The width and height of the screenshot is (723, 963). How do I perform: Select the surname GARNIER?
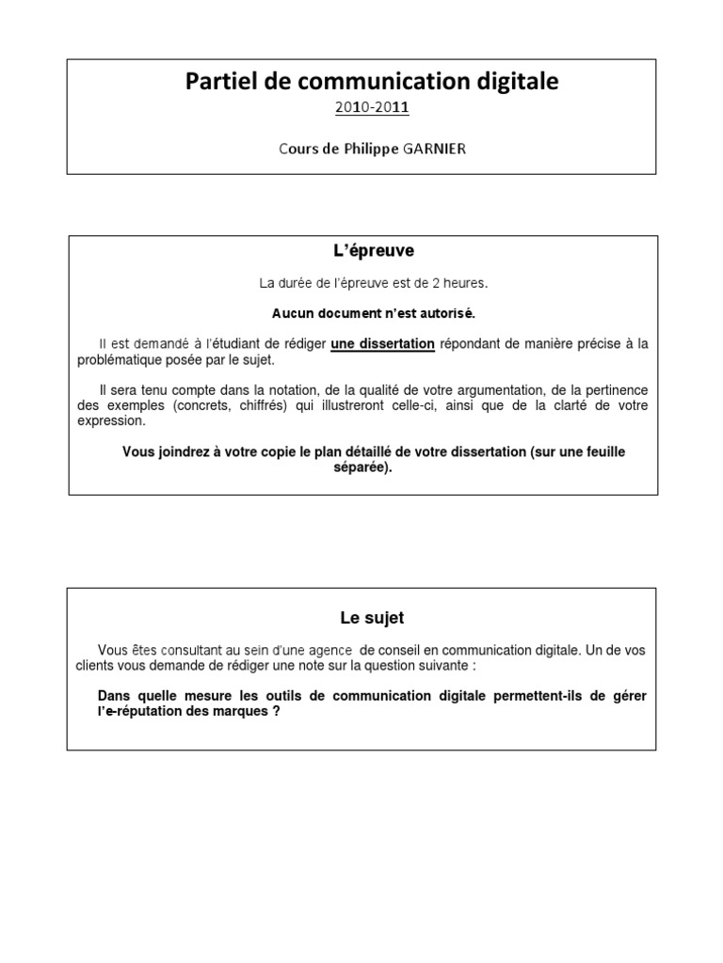pyautogui.click(x=432, y=149)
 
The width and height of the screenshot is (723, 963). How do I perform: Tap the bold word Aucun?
pyautogui.click(x=280, y=313)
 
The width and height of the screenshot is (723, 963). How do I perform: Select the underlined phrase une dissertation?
pyautogui.click(x=382, y=344)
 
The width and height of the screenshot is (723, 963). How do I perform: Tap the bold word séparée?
pyautogui.click(x=361, y=467)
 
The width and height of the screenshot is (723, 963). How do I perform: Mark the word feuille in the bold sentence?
pyautogui.click(x=602, y=452)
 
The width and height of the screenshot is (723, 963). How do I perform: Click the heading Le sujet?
pyautogui.click(x=372, y=618)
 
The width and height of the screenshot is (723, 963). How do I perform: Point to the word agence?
pyautogui.click(x=329, y=650)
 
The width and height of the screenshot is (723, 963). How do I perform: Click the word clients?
pyautogui.click(x=100, y=665)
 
